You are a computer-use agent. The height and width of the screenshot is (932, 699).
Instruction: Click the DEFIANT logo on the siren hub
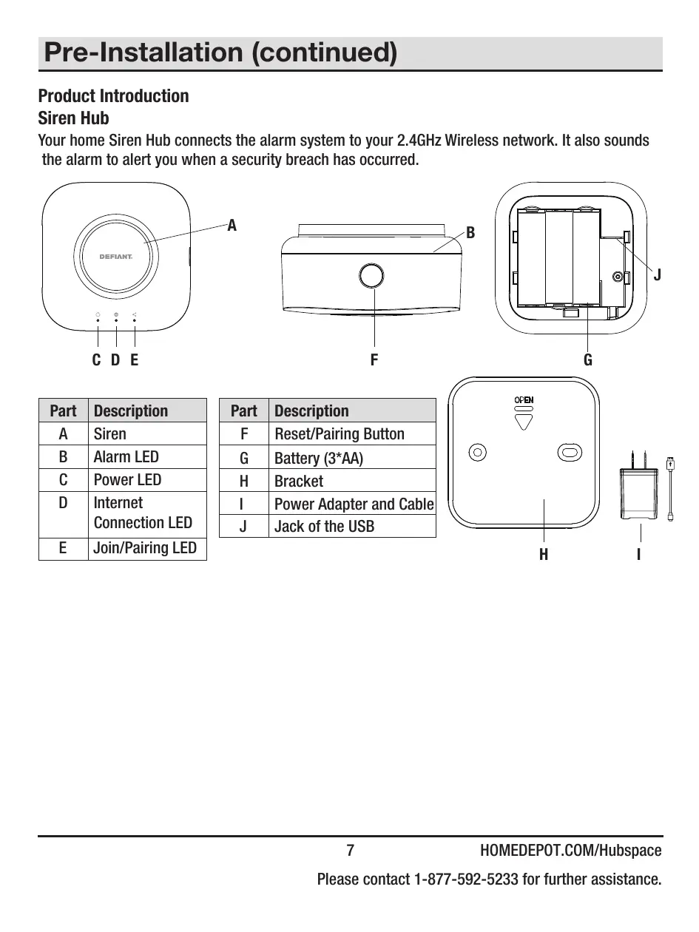(x=116, y=257)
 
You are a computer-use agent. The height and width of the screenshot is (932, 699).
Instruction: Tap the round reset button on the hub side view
(x=372, y=276)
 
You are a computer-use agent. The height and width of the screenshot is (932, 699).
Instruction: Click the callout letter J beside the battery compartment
(x=657, y=275)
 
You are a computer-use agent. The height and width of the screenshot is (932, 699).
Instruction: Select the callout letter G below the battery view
(x=588, y=360)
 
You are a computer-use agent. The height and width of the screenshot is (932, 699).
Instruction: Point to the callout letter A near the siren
(x=232, y=226)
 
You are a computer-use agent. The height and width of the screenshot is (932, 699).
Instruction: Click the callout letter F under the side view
(x=374, y=360)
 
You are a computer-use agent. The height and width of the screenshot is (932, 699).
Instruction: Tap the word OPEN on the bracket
(x=524, y=400)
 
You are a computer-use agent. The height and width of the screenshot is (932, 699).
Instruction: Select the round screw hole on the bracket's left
(x=478, y=451)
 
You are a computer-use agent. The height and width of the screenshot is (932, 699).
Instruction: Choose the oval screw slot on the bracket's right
(x=569, y=451)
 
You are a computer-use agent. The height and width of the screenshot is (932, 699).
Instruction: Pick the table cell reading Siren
(x=110, y=434)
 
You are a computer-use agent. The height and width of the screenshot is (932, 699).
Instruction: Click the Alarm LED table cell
(x=126, y=457)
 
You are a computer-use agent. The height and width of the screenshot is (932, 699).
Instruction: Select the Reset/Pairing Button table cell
(x=340, y=434)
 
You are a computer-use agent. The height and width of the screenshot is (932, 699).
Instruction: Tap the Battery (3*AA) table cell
(x=319, y=458)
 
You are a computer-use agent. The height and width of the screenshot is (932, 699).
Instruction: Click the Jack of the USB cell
(x=325, y=527)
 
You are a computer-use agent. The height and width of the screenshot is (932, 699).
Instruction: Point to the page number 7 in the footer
(x=351, y=851)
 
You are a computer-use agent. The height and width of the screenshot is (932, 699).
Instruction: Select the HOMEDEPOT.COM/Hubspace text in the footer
(x=570, y=851)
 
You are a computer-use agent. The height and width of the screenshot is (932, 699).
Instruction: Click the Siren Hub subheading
(x=73, y=118)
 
